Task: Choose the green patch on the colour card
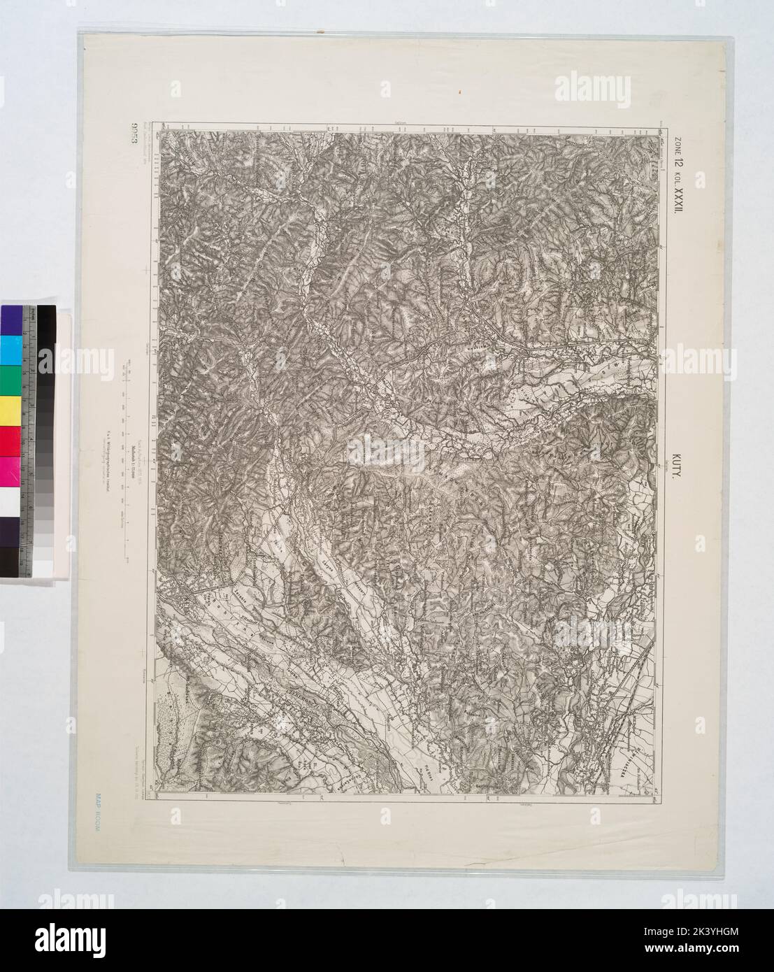click(x=10, y=380)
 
